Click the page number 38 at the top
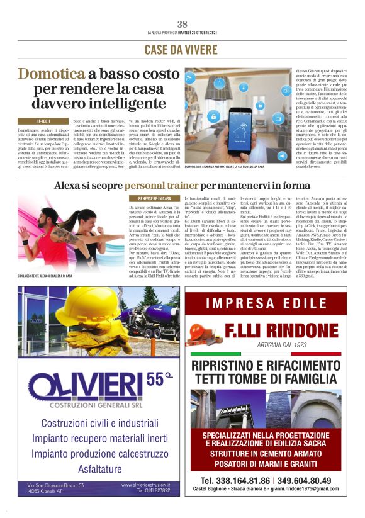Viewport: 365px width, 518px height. pyautogui.click(x=182, y=25)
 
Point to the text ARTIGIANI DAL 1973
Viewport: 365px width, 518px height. pyautogui.click(x=286, y=345)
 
